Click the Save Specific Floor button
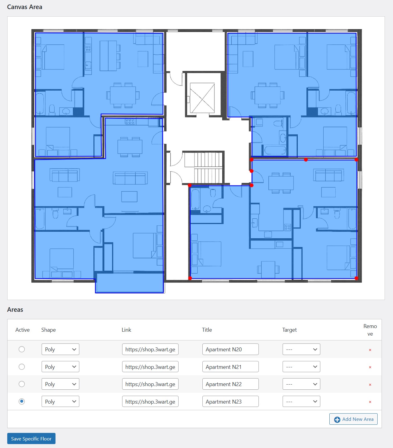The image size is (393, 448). tap(31, 439)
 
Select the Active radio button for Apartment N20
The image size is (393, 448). tap(22, 349)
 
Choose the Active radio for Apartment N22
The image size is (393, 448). tap(22, 384)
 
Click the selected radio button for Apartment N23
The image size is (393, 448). tap(22, 401)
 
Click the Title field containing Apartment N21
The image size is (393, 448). tap(230, 367)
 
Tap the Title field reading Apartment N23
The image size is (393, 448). tap(230, 401)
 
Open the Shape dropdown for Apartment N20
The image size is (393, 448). tap(60, 349)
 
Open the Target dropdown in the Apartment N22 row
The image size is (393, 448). tap(301, 384)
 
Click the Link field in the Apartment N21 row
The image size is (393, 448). tap(150, 367)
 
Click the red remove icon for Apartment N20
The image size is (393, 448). tap(370, 350)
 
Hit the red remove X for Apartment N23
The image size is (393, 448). tap(370, 402)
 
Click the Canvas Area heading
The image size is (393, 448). tap(25, 7)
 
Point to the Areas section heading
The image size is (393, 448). tap(15, 310)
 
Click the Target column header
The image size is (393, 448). tap(289, 330)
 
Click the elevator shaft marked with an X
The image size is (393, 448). tap(202, 98)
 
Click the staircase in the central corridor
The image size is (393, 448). tap(204, 168)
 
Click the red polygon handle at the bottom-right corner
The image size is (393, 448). tap(356, 278)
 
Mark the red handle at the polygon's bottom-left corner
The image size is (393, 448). tap(190, 278)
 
